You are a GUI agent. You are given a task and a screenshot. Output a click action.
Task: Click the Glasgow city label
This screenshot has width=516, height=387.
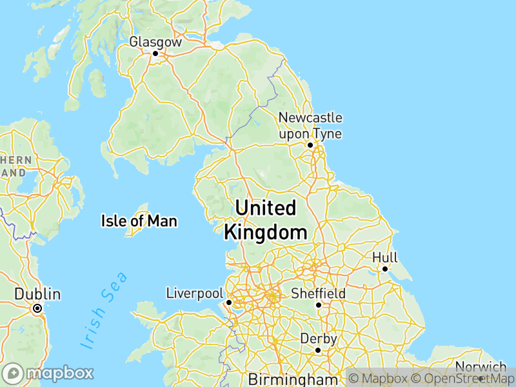(155, 41)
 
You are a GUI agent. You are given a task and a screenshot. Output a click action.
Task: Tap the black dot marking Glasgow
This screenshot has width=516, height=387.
(155, 54)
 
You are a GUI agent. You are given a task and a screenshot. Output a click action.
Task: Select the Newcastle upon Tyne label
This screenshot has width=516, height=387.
(310, 126)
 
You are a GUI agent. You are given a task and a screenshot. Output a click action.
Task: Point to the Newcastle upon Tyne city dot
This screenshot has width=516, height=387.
(310, 145)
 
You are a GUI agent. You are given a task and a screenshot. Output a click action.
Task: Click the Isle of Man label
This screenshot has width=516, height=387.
(139, 221)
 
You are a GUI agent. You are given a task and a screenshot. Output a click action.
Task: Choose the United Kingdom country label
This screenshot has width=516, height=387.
(266, 220)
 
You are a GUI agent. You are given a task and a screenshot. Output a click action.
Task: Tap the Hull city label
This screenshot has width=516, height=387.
(384, 257)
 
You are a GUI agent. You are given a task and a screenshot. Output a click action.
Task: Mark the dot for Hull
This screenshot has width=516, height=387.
(384, 269)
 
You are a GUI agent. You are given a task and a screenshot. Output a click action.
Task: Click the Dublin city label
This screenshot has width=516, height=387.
(37, 295)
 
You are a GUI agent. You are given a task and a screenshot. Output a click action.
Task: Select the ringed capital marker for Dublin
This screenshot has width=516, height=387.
(37, 308)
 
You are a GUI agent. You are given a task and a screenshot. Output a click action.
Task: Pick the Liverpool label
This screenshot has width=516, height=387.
(194, 293)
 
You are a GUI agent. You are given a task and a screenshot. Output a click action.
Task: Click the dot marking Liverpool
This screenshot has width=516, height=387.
(228, 302)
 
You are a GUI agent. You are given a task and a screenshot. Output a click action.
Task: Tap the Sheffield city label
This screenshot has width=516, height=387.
(318, 293)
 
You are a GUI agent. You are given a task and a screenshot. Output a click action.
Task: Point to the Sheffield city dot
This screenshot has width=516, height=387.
(318, 304)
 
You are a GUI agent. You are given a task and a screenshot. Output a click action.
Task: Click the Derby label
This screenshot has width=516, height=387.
(318, 339)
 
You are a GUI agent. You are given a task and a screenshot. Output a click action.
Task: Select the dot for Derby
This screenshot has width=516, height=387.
(318, 350)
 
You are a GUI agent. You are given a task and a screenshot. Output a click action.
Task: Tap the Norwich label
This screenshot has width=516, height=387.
(480, 367)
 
